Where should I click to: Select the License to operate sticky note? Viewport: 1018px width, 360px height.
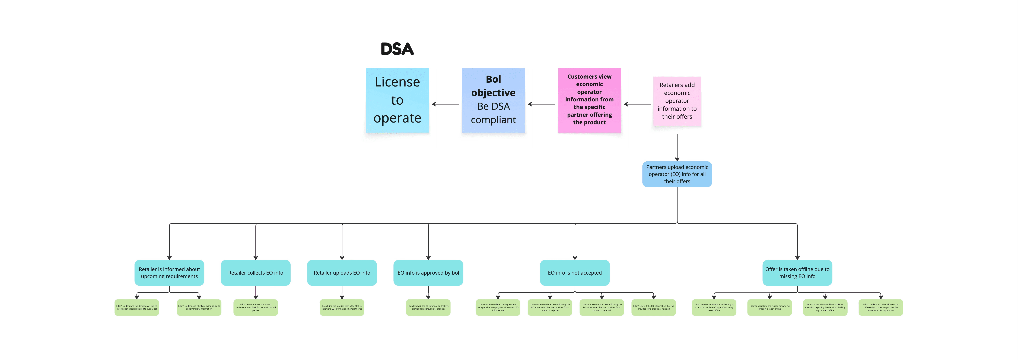[x=397, y=100]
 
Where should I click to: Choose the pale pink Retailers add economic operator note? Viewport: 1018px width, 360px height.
[x=677, y=101]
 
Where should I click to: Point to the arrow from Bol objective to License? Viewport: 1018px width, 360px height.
[x=445, y=104]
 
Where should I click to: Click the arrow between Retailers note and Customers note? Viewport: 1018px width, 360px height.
[x=637, y=104]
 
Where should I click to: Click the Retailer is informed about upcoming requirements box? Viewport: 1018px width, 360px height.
[x=169, y=273]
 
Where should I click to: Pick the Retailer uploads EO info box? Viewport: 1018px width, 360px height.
[x=342, y=273]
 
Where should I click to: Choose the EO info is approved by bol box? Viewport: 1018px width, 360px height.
[x=428, y=273]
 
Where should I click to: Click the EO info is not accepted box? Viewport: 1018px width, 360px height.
[x=575, y=273]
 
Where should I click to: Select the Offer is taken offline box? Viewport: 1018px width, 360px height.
[x=797, y=273]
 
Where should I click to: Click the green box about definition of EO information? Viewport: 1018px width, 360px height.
[x=137, y=307]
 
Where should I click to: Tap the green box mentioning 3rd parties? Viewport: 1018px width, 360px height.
[x=256, y=307]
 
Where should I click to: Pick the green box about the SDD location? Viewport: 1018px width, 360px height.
[x=342, y=307]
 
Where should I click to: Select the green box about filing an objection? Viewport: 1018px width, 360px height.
[x=825, y=307]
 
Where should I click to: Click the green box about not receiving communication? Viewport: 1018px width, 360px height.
[x=714, y=307]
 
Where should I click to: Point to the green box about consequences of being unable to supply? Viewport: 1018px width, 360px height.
[x=498, y=307]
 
